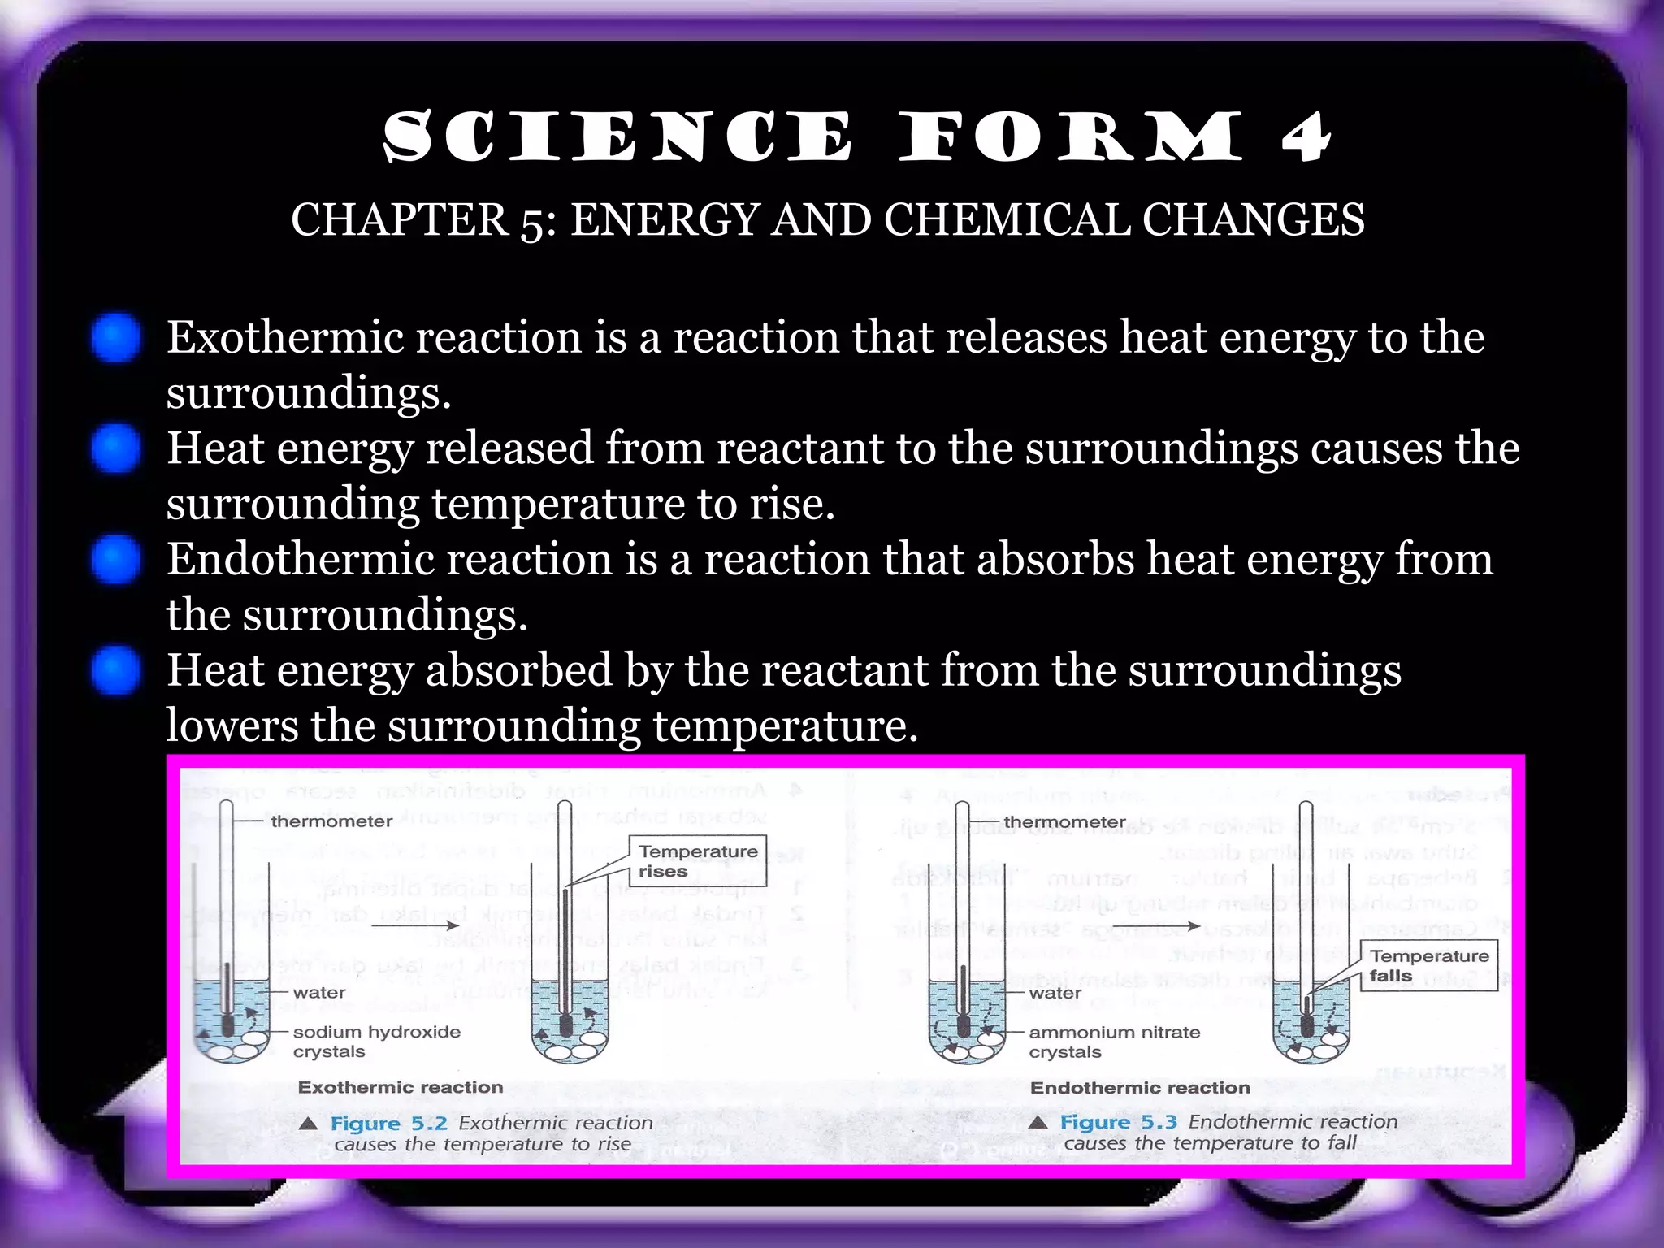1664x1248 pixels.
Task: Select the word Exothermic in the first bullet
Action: [295, 337]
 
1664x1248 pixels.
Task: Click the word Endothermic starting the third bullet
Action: [306, 559]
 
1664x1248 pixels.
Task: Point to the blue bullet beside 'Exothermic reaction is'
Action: [115, 337]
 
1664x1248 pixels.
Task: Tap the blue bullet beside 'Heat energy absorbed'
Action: [115, 670]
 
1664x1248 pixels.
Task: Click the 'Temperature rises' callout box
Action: [698, 861]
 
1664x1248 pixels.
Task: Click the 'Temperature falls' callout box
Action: [1429, 966]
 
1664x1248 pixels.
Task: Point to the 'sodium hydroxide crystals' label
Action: [376, 1042]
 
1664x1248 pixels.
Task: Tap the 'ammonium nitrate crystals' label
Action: [1114, 1042]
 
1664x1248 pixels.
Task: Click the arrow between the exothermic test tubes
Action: [415, 925]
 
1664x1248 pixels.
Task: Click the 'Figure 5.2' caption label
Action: [388, 1124]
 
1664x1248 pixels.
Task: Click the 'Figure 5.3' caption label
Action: [1118, 1122]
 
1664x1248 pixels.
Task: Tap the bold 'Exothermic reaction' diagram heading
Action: [401, 1087]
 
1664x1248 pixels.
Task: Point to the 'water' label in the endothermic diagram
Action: [1055, 993]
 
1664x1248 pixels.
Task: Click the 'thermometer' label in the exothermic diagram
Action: [331, 821]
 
